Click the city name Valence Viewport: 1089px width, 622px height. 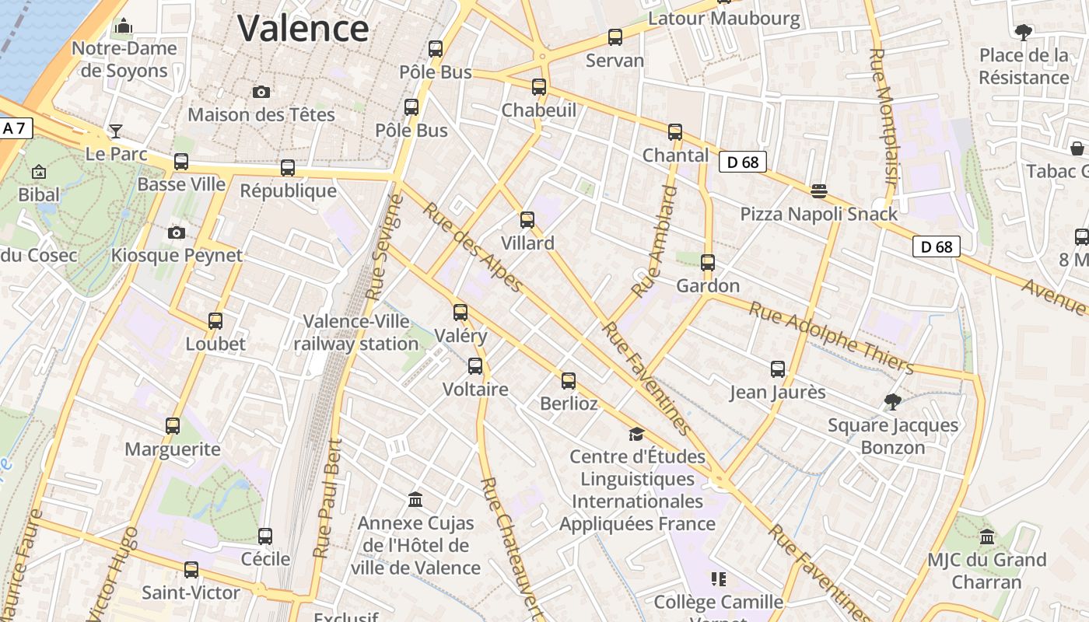(x=303, y=29)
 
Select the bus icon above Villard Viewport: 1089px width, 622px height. (x=527, y=220)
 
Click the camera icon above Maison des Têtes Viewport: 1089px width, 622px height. (x=261, y=92)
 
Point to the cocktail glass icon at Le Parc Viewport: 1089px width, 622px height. (x=116, y=131)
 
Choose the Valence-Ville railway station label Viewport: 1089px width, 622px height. (x=360, y=332)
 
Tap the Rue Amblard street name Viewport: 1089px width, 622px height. (x=655, y=242)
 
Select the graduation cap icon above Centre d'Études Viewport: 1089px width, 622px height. (x=637, y=434)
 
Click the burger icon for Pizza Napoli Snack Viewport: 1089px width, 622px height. (x=818, y=190)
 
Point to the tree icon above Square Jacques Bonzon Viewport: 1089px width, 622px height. (x=893, y=402)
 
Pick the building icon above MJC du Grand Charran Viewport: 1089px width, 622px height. (x=987, y=536)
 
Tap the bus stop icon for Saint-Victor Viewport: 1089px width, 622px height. (x=191, y=570)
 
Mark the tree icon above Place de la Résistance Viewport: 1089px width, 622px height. (x=1023, y=32)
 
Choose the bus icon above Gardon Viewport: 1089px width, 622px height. (x=708, y=263)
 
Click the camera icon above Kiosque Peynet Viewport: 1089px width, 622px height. (x=177, y=232)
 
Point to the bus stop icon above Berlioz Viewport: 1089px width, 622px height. (x=569, y=381)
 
